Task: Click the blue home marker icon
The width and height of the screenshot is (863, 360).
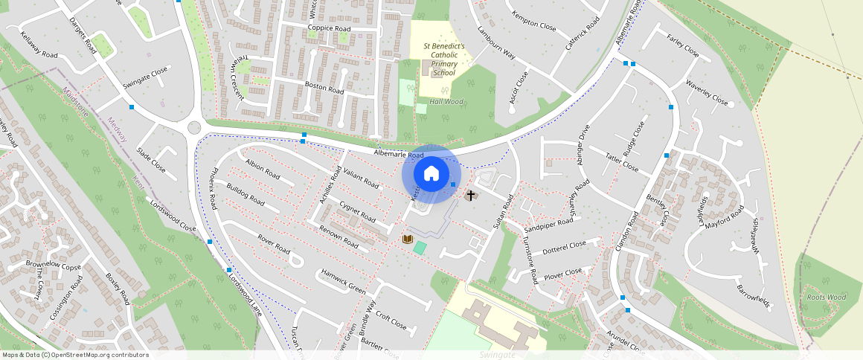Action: (431, 174)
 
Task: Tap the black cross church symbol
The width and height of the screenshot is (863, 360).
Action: (470, 196)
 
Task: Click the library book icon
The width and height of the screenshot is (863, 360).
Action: (407, 239)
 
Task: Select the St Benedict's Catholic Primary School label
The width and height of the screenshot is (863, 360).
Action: (444, 60)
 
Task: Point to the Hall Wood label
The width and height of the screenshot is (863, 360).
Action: (446, 101)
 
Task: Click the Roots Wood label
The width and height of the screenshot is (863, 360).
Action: (826, 297)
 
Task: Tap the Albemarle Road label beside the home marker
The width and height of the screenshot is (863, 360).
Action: (400, 155)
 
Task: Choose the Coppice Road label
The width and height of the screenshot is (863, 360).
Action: (329, 28)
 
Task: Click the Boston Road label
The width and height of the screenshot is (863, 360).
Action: (324, 87)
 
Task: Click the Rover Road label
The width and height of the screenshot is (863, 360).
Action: (273, 243)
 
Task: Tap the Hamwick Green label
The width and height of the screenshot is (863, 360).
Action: (343, 280)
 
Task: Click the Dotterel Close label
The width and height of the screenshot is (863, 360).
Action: (565, 246)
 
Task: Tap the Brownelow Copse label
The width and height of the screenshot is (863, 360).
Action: (53, 265)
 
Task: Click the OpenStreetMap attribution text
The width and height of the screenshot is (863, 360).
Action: (75, 355)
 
